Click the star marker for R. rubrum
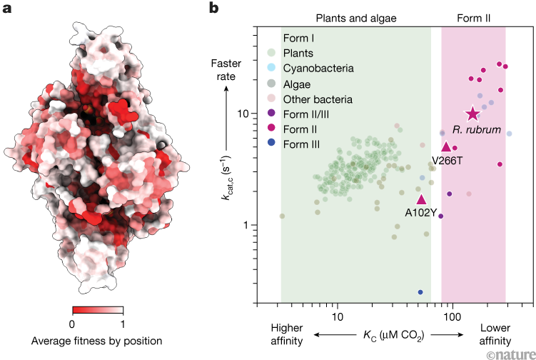click(472, 114)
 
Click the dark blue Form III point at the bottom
click(420, 292)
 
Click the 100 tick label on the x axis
click(450, 316)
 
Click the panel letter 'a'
click(8, 9)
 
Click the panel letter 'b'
click(213, 9)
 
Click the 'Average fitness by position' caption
click(97, 341)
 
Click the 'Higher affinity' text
click(286, 334)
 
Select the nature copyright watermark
click(509, 353)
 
